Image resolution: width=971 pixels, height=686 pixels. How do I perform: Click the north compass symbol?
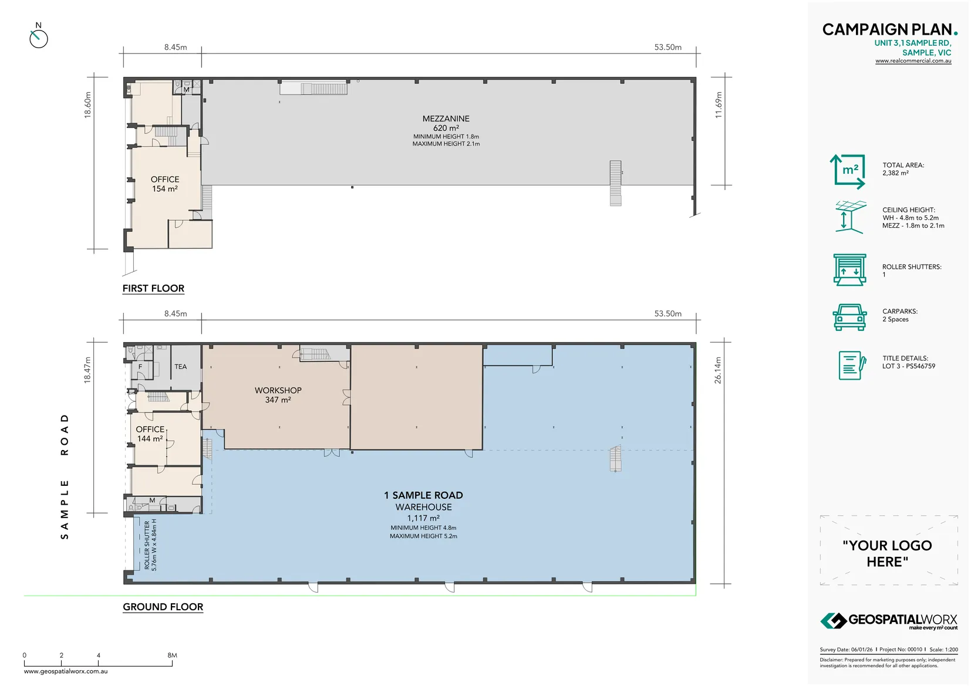pos(38,38)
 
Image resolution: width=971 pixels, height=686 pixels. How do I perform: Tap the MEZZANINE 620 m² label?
pos(446,123)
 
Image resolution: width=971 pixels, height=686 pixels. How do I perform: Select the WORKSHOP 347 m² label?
pos(278,395)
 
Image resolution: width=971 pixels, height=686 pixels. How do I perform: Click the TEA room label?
pos(180,367)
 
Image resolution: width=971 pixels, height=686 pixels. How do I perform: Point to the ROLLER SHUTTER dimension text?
pos(150,545)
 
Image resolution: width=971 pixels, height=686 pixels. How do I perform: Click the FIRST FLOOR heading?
pos(153,288)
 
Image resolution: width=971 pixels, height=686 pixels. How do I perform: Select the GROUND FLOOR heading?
pos(163,607)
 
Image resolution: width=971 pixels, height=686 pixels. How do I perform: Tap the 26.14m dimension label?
pos(717,370)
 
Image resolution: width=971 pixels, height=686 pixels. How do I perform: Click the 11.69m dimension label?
pos(719,105)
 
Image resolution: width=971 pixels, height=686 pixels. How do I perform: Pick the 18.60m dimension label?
pos(88,105)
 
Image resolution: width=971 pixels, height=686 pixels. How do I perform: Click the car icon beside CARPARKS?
pos(849,317)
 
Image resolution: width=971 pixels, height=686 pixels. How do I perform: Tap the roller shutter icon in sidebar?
pos(849,270)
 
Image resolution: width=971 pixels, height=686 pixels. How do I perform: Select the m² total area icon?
pos(848,171)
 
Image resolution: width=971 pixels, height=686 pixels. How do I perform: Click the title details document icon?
pos(852,365)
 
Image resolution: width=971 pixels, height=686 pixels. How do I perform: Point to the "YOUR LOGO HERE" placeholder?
pos(887,553)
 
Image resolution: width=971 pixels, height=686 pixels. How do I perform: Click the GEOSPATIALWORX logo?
pos(888,621)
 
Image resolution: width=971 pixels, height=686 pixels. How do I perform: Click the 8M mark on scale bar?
pos(172,655)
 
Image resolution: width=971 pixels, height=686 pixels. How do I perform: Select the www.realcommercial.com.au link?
pos(913,61)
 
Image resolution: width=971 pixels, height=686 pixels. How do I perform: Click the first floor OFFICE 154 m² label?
pos(165,184)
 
